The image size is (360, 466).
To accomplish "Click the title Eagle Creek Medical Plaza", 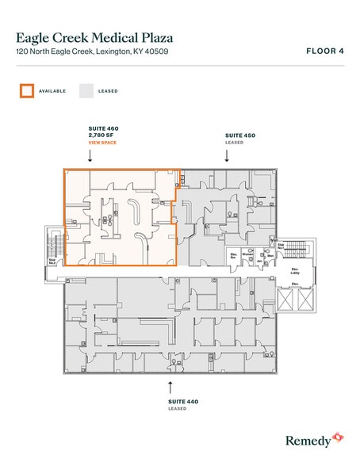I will coord(94,36).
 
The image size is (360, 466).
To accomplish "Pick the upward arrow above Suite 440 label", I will coord(170,386).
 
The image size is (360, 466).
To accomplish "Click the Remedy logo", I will coord(313,438).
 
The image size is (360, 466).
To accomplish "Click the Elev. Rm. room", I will coord(234,258).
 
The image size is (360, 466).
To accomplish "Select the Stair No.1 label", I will coord(281,246).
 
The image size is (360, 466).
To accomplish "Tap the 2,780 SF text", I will coord(102,134).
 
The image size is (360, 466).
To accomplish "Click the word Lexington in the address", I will coord(113,52).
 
